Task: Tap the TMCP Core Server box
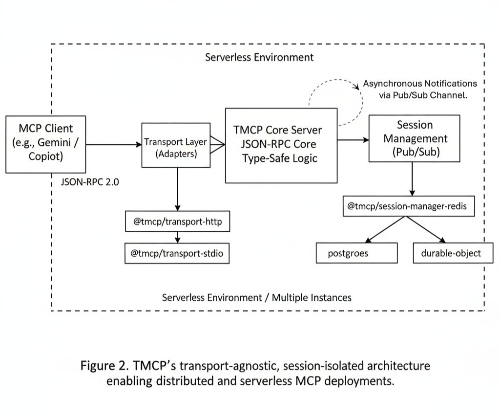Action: pos(281,145)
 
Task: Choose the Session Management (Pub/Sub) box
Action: pos(415,138)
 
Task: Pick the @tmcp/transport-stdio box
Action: pos(177,253)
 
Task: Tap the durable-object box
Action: pos(450,253)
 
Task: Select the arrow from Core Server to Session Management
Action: pos(353,140)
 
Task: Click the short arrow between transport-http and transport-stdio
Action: pos(177,237)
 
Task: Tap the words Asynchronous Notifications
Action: pos(419,84)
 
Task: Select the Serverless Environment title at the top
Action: pos(259,57)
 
